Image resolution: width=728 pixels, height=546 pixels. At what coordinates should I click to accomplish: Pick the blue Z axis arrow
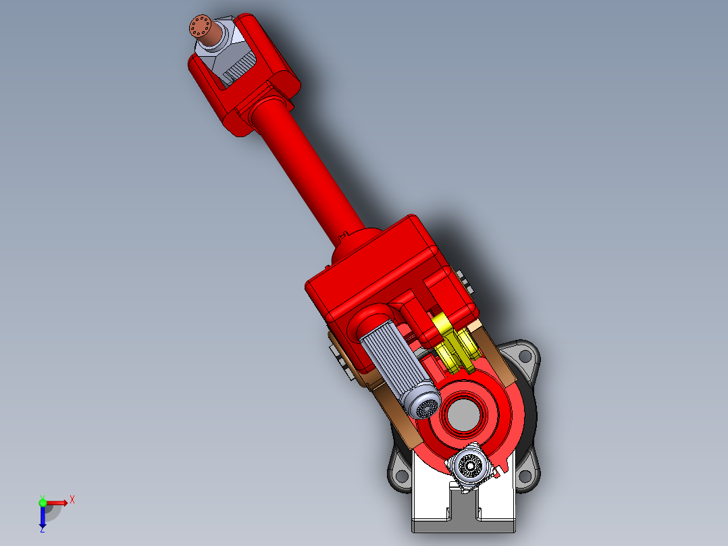click(x=42, y=517)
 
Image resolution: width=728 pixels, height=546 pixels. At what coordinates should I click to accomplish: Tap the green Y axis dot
click(x=42, y=502)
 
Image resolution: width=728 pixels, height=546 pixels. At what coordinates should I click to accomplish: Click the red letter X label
click(x=72, y=499)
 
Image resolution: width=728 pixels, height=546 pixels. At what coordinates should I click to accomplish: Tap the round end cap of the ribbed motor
click(x=423, y=406)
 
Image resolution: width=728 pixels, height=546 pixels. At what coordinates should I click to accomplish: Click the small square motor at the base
click(x=468, y=466)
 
